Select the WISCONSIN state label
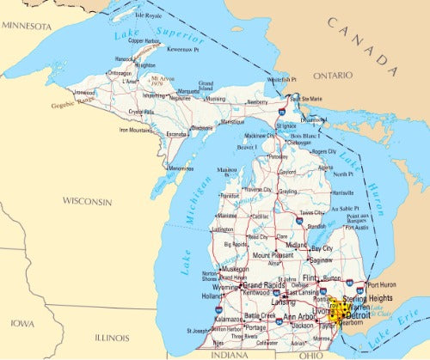[86, 201]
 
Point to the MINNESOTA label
[28, 26]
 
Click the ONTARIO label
[332, 76]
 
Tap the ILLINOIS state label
[111, 338]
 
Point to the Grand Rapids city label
[265, 284]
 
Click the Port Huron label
[383, 285]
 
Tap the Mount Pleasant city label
[273, 255]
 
